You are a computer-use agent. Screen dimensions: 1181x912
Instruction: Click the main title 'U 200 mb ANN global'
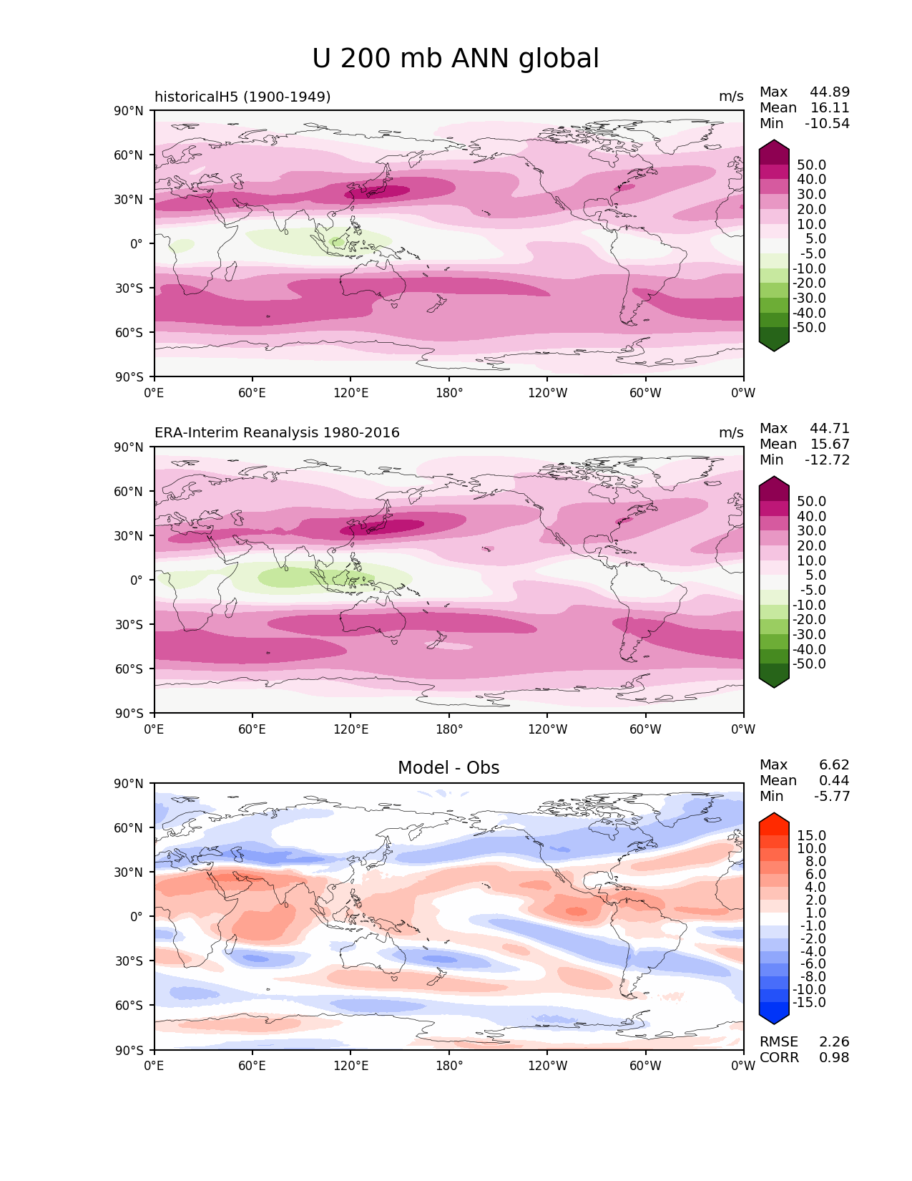[x=456, y=59]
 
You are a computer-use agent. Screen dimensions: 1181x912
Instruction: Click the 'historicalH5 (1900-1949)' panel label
[x=242, y=97]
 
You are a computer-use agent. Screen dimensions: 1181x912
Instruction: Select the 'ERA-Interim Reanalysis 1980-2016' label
[x=277, y=433]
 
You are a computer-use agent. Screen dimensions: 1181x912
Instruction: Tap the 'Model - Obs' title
[x=448, y=768]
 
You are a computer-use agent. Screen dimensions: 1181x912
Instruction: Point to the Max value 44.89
[x=830, y=92]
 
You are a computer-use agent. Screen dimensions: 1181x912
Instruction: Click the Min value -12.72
[x=828, y=460]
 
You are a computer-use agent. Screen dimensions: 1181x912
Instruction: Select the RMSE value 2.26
[x=834, y=1042]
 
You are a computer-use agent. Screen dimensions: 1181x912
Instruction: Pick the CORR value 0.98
[x=834, y=1058]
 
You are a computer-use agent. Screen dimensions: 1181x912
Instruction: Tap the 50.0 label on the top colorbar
[x=811, y=165]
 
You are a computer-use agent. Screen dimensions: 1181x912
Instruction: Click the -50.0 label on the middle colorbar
[x=809, y=664]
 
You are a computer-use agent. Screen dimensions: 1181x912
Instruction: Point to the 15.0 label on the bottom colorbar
[x=811, y=836]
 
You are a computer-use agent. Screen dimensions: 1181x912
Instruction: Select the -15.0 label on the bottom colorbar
[x=809, y=1003]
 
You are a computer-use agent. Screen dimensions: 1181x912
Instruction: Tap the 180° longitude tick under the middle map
[x=449, y=729]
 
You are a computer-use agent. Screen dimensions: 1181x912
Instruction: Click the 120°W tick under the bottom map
[x=547, y=1066]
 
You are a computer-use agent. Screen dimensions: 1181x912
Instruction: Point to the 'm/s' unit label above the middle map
[x=731, y=433]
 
